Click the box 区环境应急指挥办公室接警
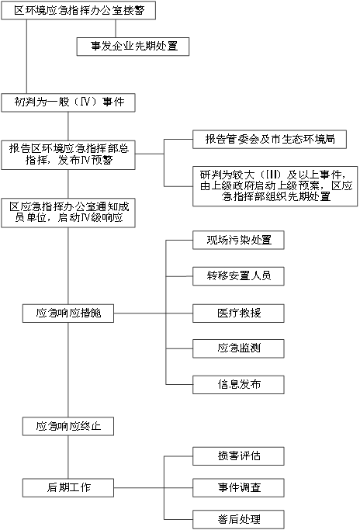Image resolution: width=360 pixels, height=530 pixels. [78, 11]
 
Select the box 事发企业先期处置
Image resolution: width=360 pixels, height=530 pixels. [133, 47]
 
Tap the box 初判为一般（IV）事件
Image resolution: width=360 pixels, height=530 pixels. [68, 102]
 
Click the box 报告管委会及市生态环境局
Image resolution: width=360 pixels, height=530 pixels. [269, 139]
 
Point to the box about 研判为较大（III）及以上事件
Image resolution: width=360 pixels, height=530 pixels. [275, 186]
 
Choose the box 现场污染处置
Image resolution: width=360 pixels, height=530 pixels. [238, 241]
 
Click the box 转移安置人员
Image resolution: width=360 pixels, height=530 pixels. [238, 276]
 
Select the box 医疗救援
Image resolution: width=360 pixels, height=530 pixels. [238, 313]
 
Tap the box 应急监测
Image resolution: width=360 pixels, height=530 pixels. [238, 348]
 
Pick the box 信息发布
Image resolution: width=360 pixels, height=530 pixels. [238, 385]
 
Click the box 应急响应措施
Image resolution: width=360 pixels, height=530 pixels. [68, 313]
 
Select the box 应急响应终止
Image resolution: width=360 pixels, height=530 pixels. [68, 426]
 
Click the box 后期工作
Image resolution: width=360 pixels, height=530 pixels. [68, 488]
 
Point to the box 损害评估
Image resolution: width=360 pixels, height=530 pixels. [238, 456]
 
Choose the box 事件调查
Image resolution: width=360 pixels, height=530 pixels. [238, 488]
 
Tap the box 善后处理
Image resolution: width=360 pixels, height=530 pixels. [238, 519]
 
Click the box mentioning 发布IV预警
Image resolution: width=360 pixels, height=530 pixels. [68, 155]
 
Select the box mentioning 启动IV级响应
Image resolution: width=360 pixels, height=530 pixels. [68, 213]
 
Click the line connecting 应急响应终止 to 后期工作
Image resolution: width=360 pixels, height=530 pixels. [68, 457]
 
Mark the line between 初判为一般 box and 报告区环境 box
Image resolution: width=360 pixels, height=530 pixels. [68, 126]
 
